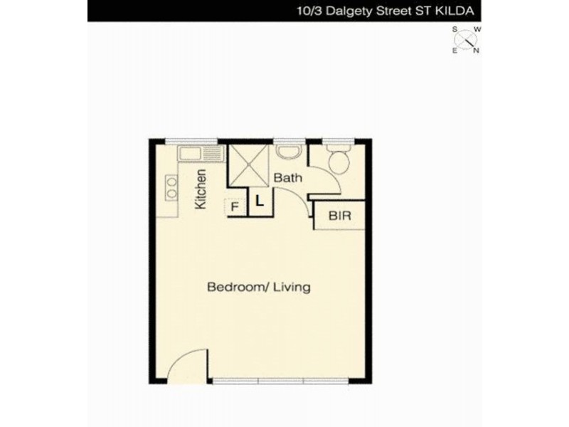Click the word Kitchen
pyautogui.click(x=201, y=189)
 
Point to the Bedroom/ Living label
pyautogui.click(x=259, y=288)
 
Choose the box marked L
pyautogui.click(x=259, y=201)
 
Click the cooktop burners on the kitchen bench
pyautogui.click(x=172, y=186)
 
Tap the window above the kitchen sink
pyautogui.click(x=191, y=141)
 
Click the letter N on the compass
pyautogui.click(x=477, y=51)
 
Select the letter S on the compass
pyautogui.click(x=454, y=29)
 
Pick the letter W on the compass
pyautogui.click(x=478, y=29)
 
